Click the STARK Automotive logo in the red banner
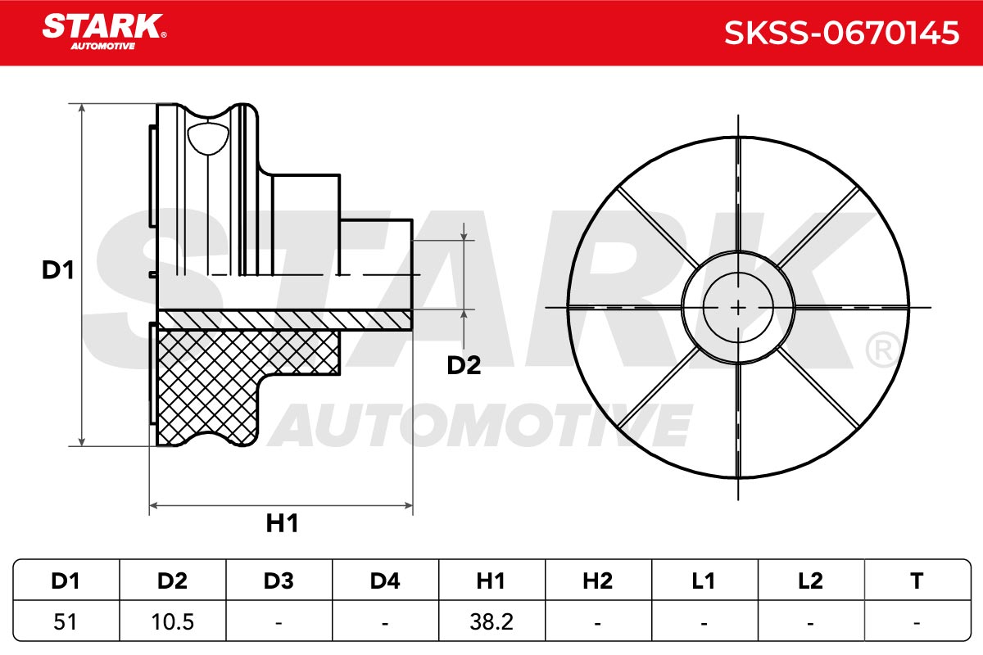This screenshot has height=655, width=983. click(x=104, y=32)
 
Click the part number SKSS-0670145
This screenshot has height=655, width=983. click(x=842, y=33)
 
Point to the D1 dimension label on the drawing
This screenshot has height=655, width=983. click(x=58, y=270)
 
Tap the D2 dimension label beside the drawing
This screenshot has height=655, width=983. click(x=464, y=365)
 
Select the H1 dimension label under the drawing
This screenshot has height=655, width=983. click(x=282, y=523)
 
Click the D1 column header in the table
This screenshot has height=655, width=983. click(x=66, y=580)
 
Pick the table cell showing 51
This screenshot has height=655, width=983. click(x=65, y=621)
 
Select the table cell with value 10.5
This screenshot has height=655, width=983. click(x=172, y=621)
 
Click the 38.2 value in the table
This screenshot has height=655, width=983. click(x=491, y=621)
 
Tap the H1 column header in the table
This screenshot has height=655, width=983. click(x=491, y=580)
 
